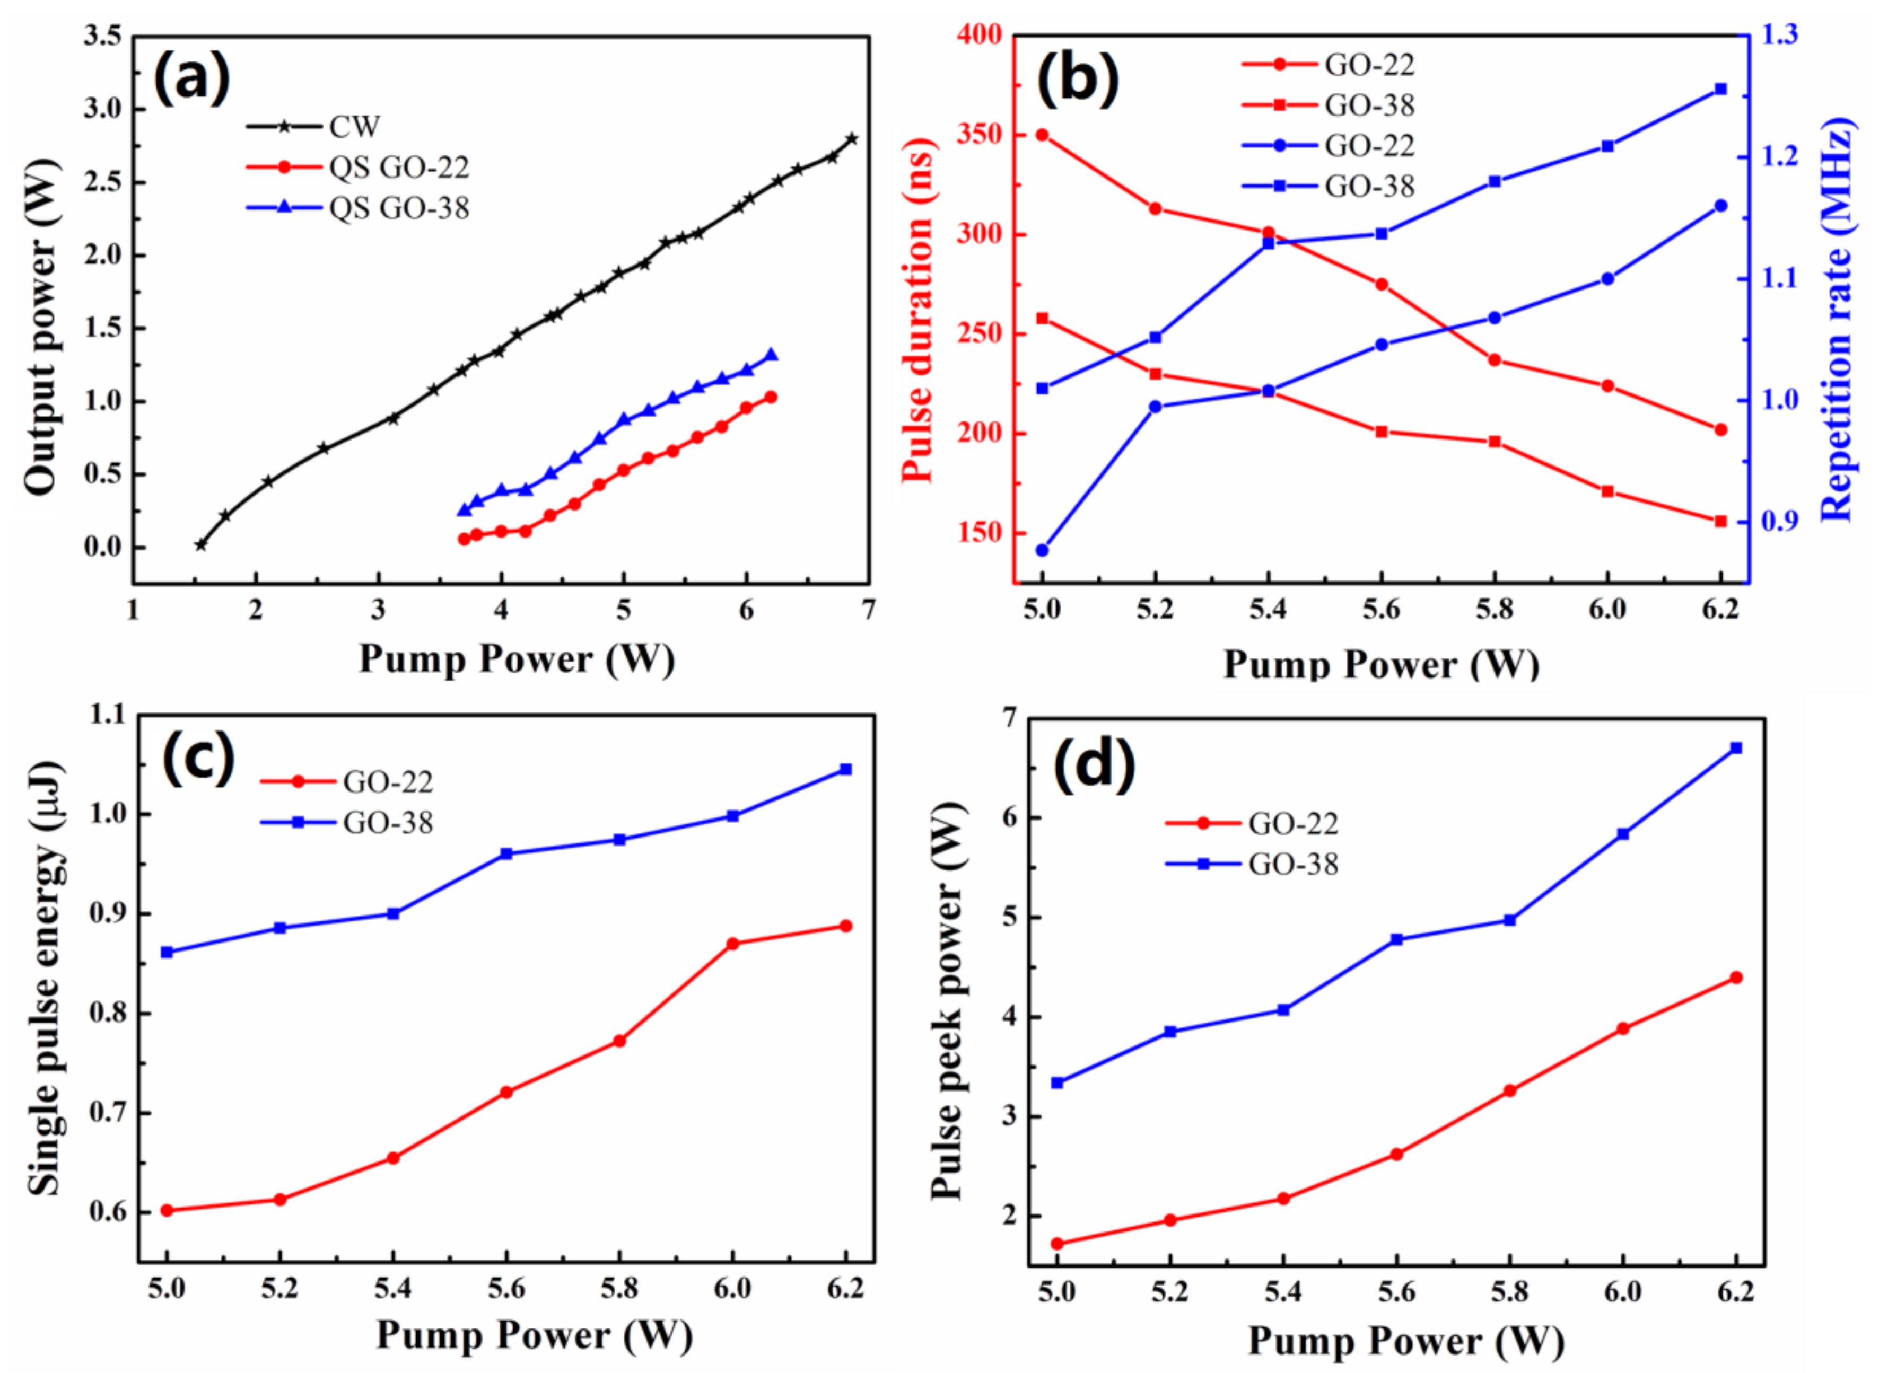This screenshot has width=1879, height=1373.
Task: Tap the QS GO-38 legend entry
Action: (399, 208)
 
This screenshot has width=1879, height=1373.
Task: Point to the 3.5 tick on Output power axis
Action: (102, 36)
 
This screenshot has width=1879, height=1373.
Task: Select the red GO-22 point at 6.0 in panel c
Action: (732, 943)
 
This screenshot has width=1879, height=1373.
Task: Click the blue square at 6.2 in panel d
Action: (1736, 748)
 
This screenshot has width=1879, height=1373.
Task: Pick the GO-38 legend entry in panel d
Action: (1293, 865)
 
